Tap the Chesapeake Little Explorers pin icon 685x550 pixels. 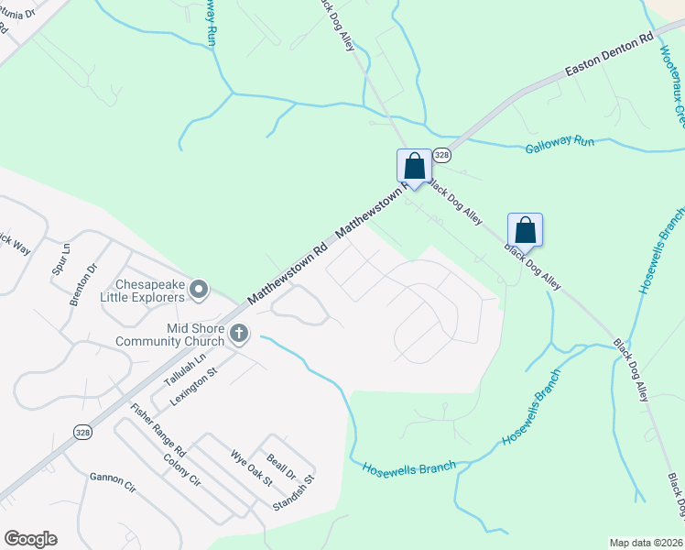(x=200, y=290)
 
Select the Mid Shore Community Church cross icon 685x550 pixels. (x=238, y=334)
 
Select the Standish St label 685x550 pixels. (x=294, y=492)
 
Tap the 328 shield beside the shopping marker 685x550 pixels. (x=441, y=156)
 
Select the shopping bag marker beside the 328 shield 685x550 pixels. (x=414, y=167)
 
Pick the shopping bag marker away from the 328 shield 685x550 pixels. (x=525, y=228)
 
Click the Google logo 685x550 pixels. (x=30, y=539)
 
